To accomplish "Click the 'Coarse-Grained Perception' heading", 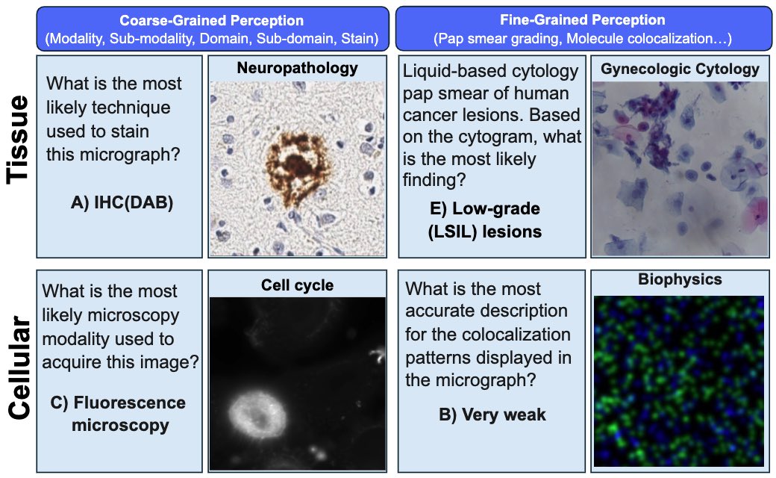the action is coord(211,20).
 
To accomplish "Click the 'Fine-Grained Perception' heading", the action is coord(583,20).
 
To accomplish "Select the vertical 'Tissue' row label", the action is coord(18,140).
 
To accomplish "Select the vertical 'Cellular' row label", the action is coord(20,367).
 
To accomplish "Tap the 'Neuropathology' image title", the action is coord(298,68).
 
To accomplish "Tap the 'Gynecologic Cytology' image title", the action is coord(680,69).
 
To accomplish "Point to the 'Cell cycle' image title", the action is coord(298,285).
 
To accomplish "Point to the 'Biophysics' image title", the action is coord(680,279).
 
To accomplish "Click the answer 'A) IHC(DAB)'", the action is coord(122,202).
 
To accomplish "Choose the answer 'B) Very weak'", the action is coord(492,415).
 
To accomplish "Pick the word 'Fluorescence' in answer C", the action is coord(130,403).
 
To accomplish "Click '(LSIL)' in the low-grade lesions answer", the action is coord(453,232).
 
